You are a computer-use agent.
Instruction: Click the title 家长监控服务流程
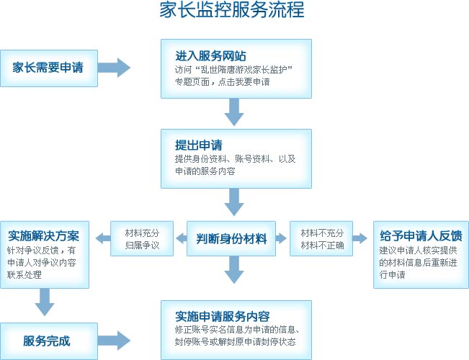click(232, 11)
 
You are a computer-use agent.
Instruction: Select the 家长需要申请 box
click(49, 68)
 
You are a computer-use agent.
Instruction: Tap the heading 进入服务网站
click(210, 56)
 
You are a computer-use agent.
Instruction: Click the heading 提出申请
click(199, 145)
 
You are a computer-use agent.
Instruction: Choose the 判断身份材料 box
click(231, 238)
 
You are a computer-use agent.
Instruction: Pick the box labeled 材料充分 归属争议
click(142, 238)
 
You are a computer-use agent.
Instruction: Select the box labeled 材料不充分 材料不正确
click(321, 238)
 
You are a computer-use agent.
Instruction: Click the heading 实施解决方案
click(44, 235)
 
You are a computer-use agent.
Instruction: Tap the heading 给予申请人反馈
click(421, 235)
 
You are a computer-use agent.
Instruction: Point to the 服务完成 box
click(49, 341)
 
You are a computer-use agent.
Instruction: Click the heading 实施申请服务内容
click(222, 316)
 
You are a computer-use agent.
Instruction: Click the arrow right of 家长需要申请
click(114, 68)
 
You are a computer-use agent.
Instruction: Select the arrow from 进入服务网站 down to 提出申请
click(234, 112)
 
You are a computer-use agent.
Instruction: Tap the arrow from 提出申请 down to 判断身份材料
click(234, 202)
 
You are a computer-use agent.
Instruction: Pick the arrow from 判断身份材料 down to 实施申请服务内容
click(234, 270)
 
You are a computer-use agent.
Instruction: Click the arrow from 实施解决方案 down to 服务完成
click(45, 302)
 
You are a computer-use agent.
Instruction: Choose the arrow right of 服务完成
click(114, 341)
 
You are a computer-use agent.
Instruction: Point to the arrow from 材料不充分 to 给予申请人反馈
click(359, 238)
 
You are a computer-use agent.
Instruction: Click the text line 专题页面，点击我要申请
click(222, 81)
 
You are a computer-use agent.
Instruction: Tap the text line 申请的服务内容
click(205, 171)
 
